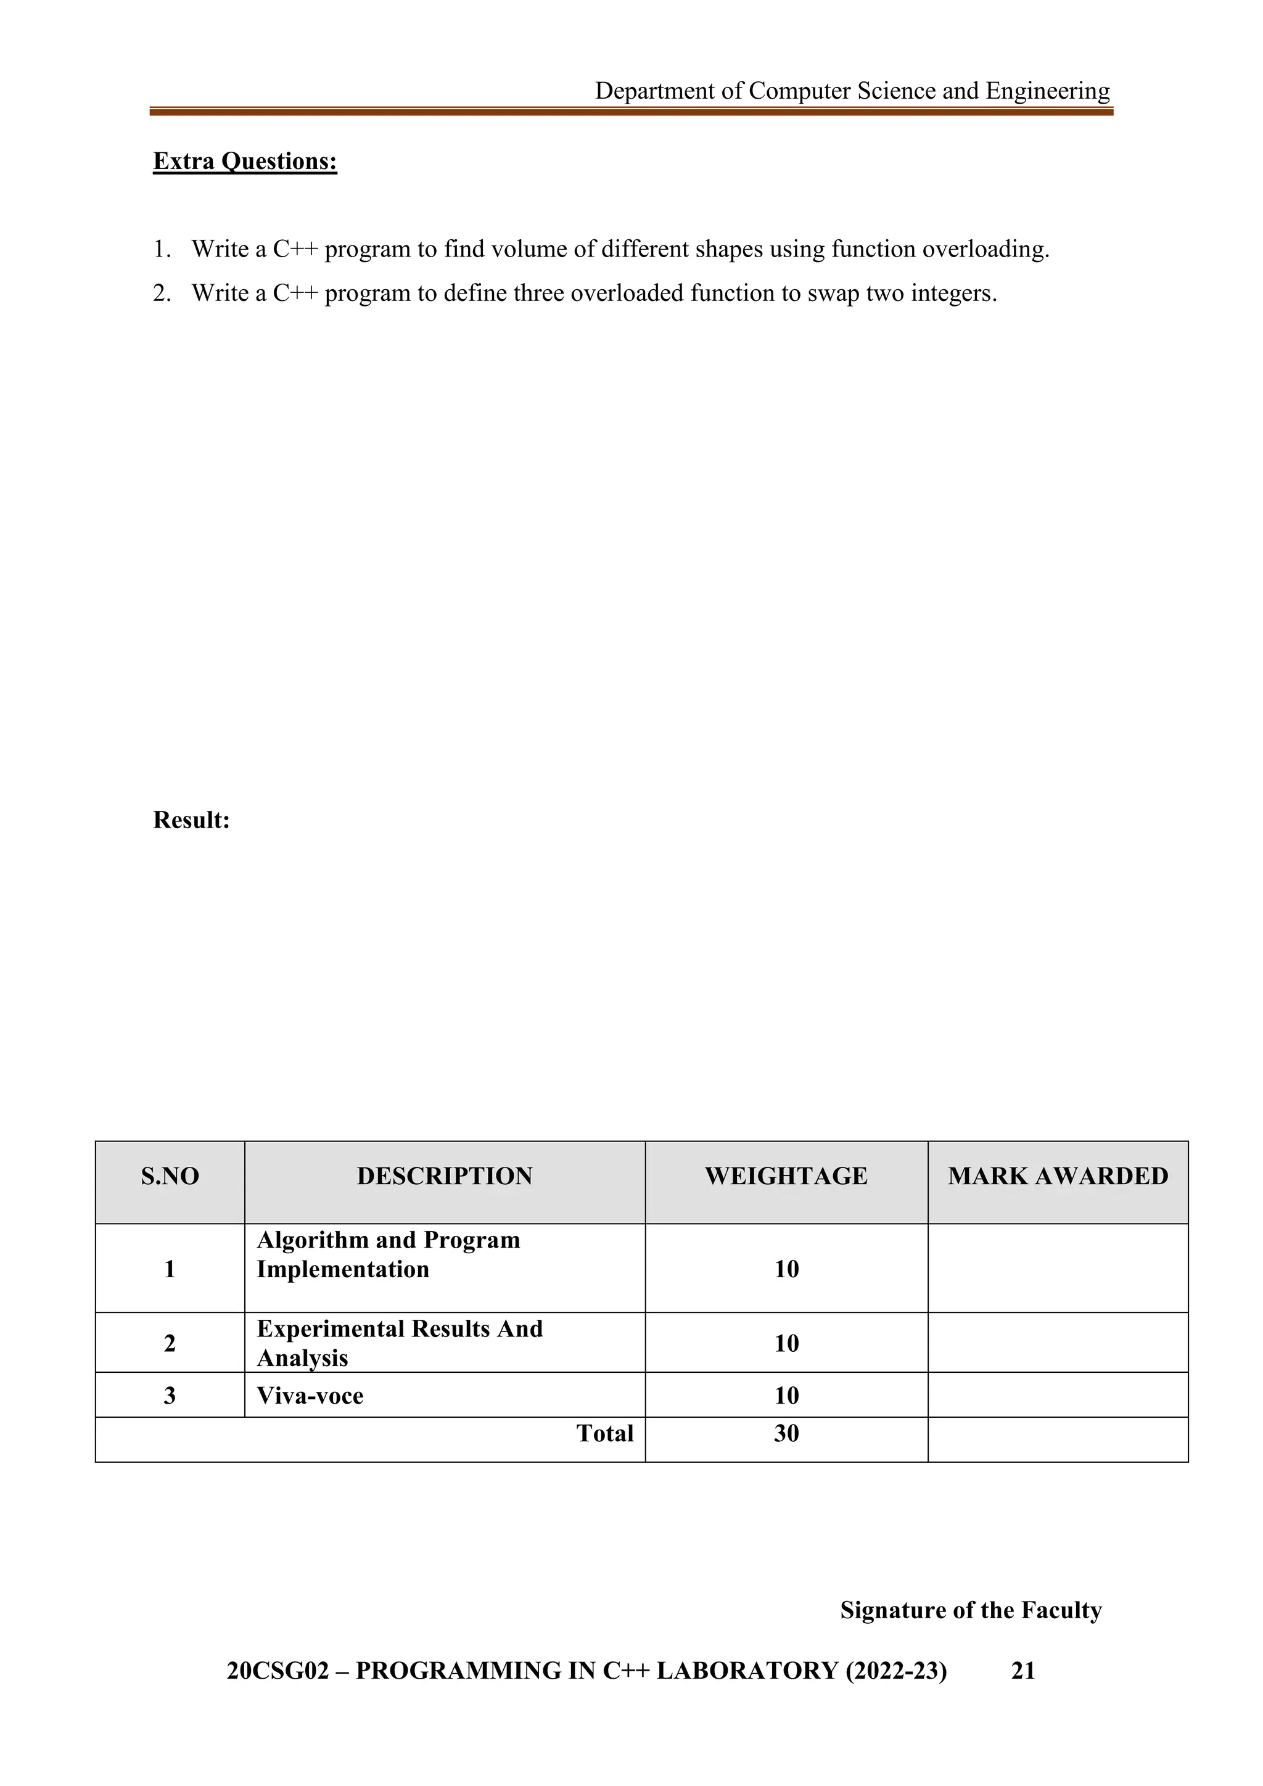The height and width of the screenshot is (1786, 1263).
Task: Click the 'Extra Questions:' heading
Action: click(245, 161)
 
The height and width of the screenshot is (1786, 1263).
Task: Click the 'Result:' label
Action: click(191, 820)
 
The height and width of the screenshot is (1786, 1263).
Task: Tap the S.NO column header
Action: click(170, 1176)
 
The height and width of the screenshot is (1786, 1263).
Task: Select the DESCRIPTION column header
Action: click(444, 1176)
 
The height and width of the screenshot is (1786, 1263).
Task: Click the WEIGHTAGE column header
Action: click(786, 1176)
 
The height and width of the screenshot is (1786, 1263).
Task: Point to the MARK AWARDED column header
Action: click(1058, 1176)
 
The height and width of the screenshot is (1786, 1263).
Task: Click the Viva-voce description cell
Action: click(310, 1396)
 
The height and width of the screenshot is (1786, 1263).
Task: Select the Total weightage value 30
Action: click(786, 1434)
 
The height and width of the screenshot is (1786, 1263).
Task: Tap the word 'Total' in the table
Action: click(604, 1434)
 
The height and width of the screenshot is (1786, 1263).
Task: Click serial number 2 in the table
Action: click(170, 1343)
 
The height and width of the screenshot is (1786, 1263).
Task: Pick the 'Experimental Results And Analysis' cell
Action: click(400, 1343)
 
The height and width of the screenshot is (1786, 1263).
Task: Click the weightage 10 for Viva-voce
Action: click(786, 1396)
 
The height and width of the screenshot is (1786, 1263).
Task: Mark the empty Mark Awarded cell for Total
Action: click(1058, 1440)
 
